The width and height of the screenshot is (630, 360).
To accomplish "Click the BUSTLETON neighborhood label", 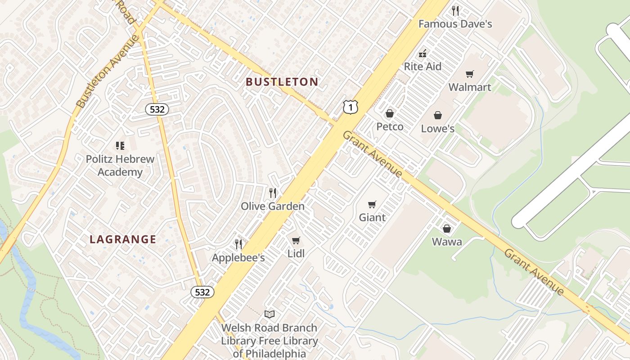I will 282,82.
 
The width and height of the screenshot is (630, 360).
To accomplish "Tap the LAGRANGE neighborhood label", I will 123,239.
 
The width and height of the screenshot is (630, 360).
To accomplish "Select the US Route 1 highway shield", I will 350,107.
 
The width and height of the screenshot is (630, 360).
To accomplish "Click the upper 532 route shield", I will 157,109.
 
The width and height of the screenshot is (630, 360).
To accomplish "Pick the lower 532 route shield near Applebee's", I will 202,292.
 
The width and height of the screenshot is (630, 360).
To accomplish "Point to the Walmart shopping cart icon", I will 470,74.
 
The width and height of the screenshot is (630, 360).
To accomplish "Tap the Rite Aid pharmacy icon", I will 423,54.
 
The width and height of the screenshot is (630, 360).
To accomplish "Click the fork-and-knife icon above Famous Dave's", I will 455,11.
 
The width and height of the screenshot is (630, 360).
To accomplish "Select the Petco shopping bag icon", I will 390,113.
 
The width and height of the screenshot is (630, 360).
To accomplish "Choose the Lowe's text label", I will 437,129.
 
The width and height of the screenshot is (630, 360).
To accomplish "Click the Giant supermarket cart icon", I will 372,205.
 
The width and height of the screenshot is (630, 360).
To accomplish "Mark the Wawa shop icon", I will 447,229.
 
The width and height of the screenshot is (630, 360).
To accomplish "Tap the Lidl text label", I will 296,254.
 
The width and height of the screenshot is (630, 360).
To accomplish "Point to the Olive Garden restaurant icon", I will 273,193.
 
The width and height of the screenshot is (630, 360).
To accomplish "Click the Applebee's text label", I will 238,258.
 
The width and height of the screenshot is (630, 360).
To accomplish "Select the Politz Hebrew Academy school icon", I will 120,145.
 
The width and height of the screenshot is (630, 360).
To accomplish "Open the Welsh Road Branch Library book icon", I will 270,314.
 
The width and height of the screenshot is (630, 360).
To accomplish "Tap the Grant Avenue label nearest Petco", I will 372,154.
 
